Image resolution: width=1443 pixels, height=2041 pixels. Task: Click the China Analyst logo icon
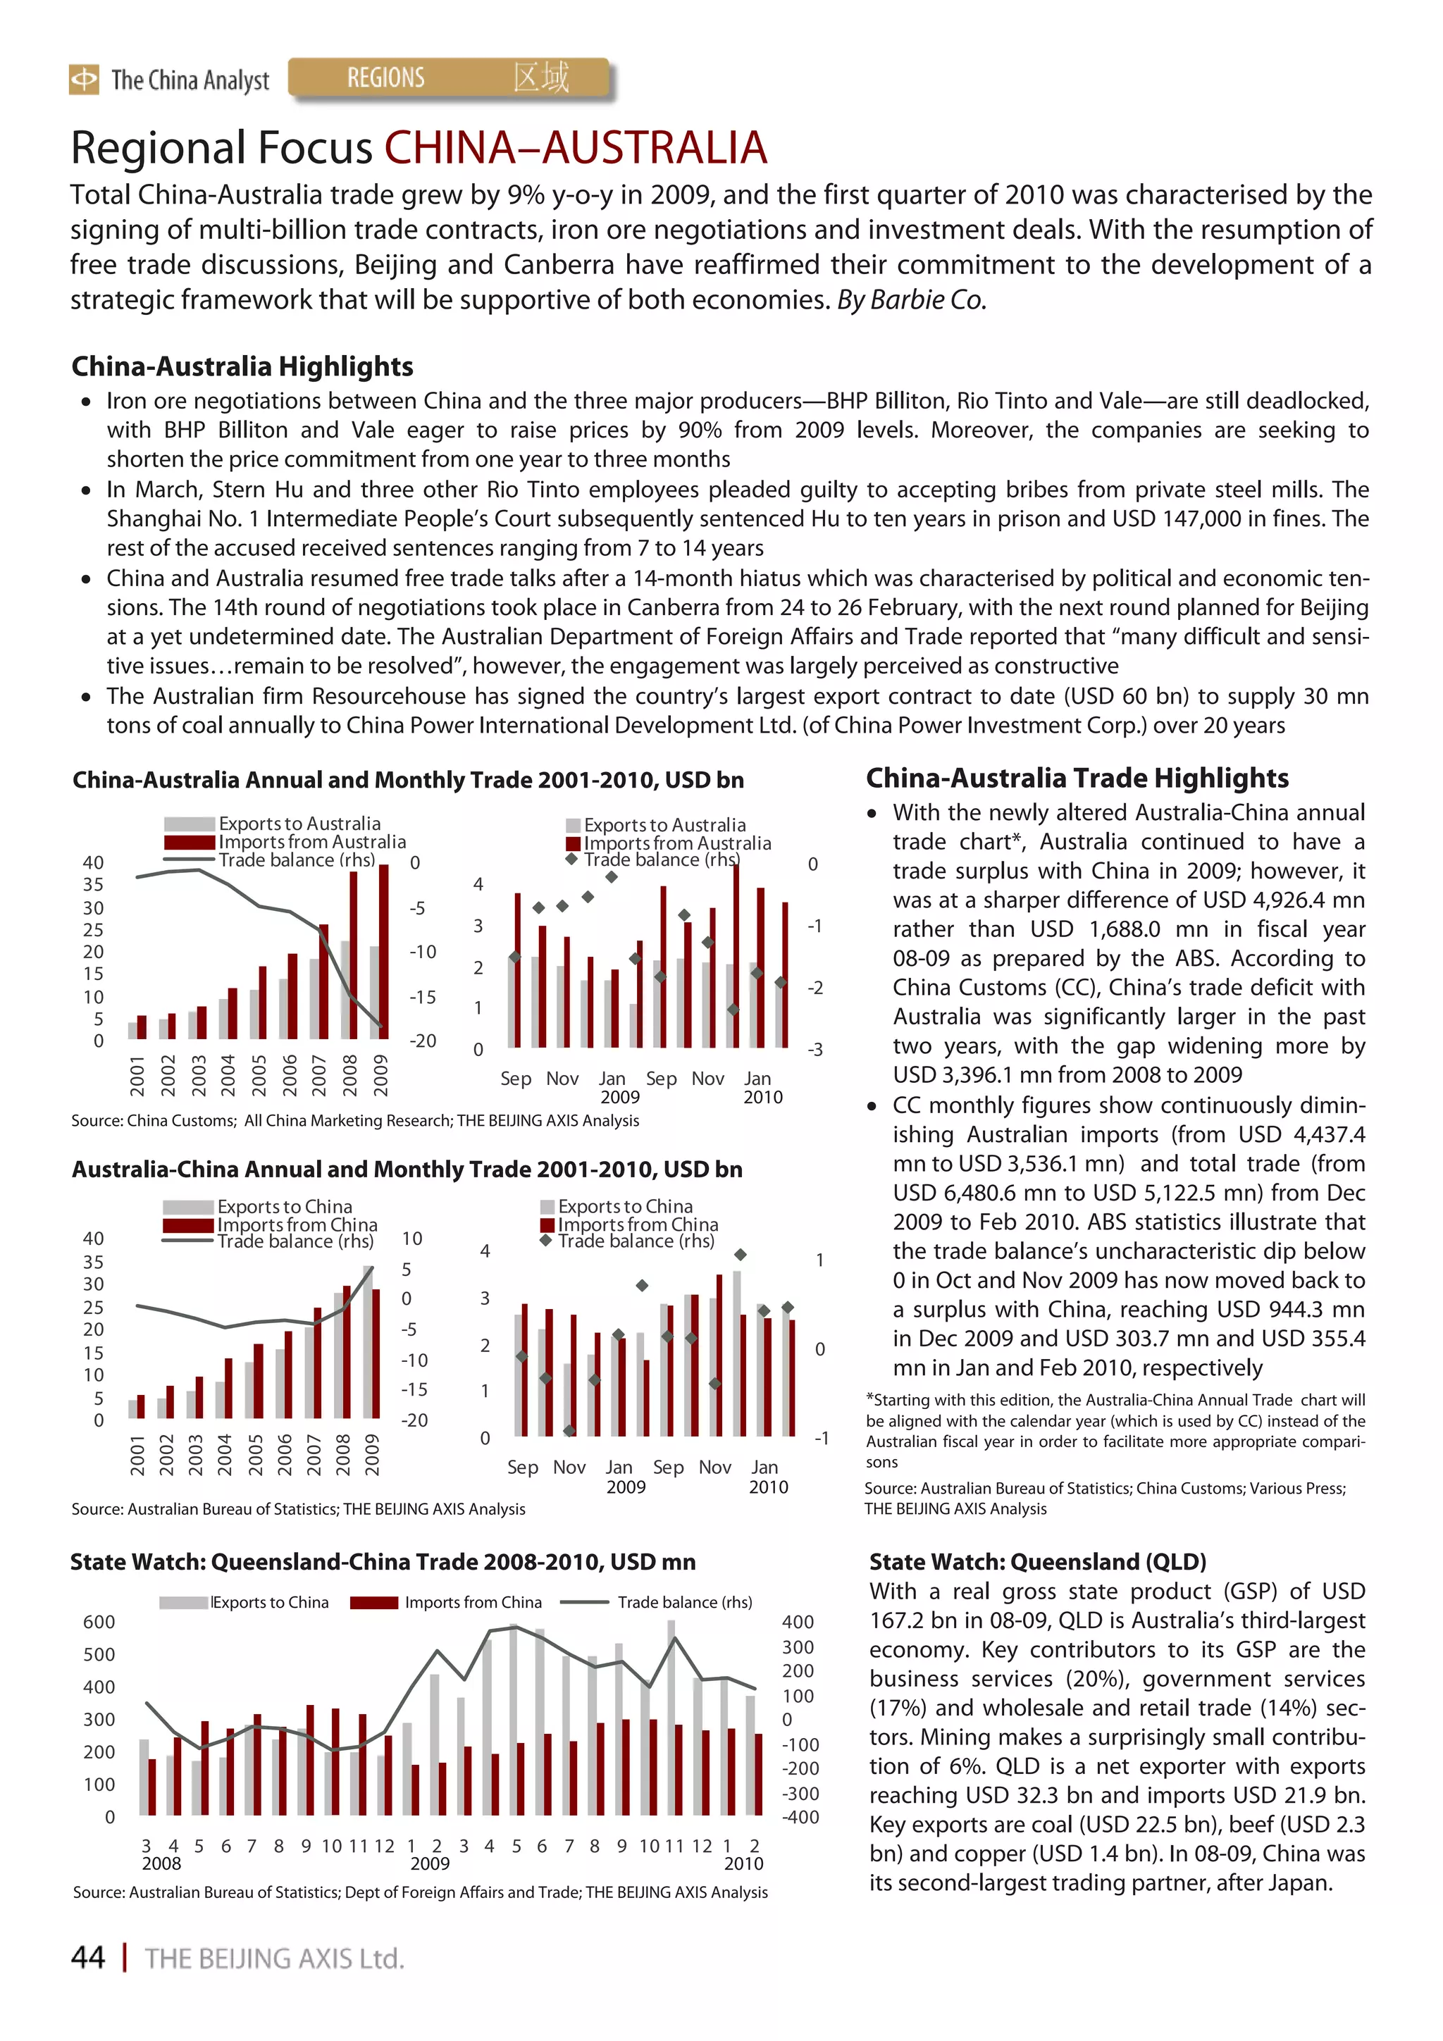[x=84, y=80]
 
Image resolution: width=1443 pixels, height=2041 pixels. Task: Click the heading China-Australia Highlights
[x=242, y=366]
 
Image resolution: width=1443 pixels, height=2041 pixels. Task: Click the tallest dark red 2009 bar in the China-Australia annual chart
[x=383, y=951]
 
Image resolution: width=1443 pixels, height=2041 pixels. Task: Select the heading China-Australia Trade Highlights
[x=1077, y=778]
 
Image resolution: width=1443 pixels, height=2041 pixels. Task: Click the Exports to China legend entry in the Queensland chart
[x=269, y=1603]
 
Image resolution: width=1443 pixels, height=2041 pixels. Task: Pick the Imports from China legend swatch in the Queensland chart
[x=373, y=1603]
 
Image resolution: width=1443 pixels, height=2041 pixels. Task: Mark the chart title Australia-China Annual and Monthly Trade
[x=407, y=1169]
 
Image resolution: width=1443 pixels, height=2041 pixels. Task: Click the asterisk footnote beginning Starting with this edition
[x=1115, y=1430]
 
